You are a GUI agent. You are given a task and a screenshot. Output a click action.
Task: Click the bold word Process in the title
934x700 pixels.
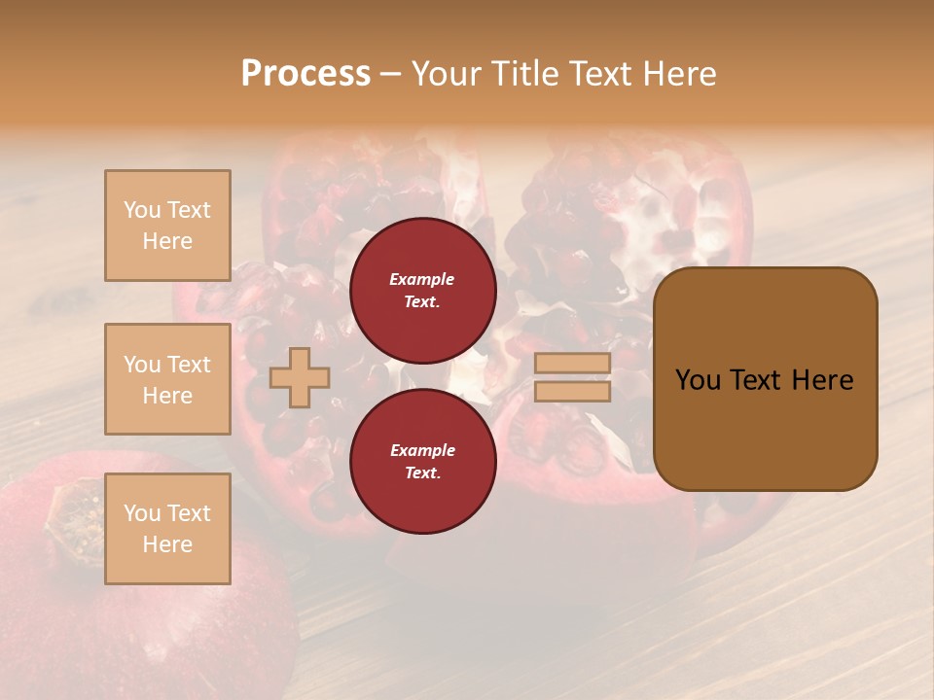coord(305,73)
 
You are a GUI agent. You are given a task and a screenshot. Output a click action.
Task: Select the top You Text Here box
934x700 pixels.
coord(167,226)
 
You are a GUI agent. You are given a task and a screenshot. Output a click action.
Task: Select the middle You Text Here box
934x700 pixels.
coord(167,379)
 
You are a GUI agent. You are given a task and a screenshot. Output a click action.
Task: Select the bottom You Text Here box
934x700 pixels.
coord(167,528)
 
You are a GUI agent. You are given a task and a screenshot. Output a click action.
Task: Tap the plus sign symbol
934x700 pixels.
coord(300,377)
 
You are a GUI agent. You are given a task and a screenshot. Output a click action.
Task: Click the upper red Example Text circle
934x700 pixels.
coord(422,291)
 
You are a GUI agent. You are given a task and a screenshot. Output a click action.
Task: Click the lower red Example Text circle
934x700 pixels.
coord(422,462)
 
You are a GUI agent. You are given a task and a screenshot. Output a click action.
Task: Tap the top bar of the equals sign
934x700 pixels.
coord(572,364)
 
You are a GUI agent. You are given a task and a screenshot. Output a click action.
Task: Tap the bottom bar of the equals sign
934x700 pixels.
coord(572,392)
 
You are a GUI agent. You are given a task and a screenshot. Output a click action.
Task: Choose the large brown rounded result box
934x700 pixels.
coord(765,379)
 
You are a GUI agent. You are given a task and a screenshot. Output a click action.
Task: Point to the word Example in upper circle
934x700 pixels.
coord(422,279)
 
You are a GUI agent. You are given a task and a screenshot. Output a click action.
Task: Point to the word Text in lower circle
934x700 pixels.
coord(422,473)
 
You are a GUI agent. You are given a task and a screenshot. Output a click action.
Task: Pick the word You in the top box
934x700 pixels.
coord(142,210)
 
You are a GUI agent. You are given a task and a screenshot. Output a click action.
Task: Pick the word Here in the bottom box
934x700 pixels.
coord(167,544)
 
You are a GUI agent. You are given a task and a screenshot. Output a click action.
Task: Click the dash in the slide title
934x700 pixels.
coord(390,74)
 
